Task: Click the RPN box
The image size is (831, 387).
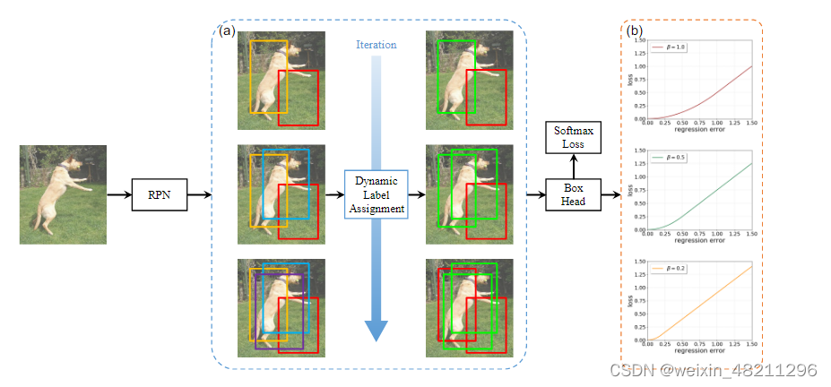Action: tap(159, 193)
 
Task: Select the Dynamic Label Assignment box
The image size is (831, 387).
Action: tap(377, 193)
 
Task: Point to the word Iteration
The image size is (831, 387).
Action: tap(376, 45)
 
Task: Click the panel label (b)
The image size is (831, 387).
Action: tap(635, 30)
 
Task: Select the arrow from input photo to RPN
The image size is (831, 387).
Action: tap(118, 193)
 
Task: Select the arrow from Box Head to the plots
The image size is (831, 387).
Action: tap(609, 193)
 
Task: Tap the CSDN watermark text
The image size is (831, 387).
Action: tap(714, 370)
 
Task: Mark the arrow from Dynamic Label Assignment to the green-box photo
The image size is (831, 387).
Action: tap(417, 193)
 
